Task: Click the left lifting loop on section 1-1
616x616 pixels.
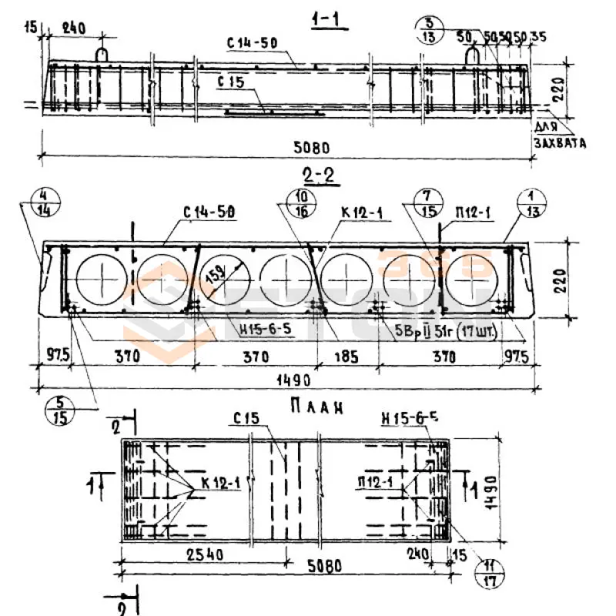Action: pyautogui.click(x=102, y=55)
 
